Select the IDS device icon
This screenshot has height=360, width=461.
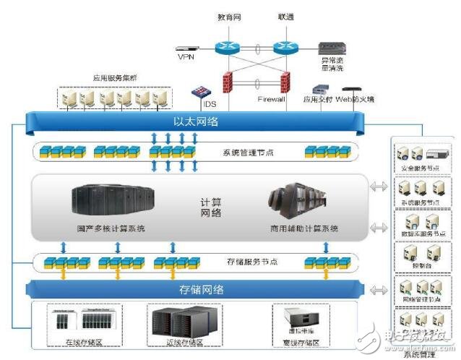pyautogui.click(x=197, y=93)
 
